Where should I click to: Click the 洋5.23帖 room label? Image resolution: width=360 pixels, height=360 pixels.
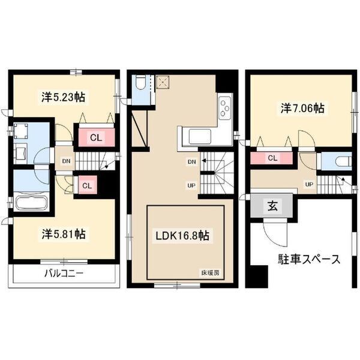[x=63, y=97]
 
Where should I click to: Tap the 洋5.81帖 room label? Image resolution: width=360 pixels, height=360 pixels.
[x=64, y=234]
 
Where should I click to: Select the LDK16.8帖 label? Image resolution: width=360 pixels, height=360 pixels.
[x=182, y=235]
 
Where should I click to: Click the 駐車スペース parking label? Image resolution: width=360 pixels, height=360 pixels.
[x=309, y=259]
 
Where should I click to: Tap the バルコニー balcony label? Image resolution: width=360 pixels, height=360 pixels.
[x=64, y=274]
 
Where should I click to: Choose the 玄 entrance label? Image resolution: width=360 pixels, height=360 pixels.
[x=272, y=206]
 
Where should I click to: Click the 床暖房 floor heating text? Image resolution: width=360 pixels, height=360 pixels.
[x=210, y=273]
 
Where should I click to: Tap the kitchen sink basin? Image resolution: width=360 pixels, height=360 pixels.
[x=200, y=136]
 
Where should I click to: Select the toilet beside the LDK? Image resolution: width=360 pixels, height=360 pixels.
[x=140, y=83]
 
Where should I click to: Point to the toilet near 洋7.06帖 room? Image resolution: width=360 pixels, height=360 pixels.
[x=343, y=160]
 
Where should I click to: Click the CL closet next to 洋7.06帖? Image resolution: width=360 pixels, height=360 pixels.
[x=272, y=158]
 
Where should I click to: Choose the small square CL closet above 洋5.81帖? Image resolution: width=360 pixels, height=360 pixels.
[x=87, y=185]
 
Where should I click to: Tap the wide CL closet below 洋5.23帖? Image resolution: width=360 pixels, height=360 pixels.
[x=96, y=138]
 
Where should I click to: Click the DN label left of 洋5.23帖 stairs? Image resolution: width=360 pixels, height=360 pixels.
[x=67, y=161]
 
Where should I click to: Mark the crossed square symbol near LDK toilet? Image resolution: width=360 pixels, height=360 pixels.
[x=163, y=82]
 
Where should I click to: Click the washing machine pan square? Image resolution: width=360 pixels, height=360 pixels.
[x=21, y=131]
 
